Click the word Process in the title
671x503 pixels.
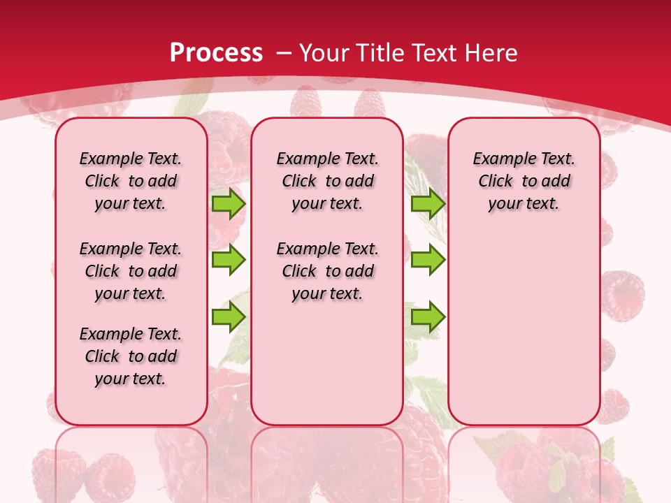click(x=216, y=52)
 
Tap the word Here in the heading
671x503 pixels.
click(x=492, y=52)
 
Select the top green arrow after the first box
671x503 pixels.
click(x=229, y=204)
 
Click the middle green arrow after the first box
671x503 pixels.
click(x=229, y=260)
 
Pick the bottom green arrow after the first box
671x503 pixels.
click(x=229, y=316)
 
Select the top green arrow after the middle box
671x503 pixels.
click(x=428, y=204)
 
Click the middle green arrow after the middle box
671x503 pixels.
click(x=428, y=260)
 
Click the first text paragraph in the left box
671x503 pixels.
click(x=131, y=181)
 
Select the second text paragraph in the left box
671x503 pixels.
click(x=131, y=271)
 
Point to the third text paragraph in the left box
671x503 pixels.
click(x=131, y=356)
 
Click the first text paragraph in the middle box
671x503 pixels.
click(x=327, y=181)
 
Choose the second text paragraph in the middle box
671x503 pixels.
click(x=327, y=271)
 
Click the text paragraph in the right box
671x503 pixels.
click(x=524, y=181)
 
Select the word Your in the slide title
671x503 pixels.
click(x=324, y=52)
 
